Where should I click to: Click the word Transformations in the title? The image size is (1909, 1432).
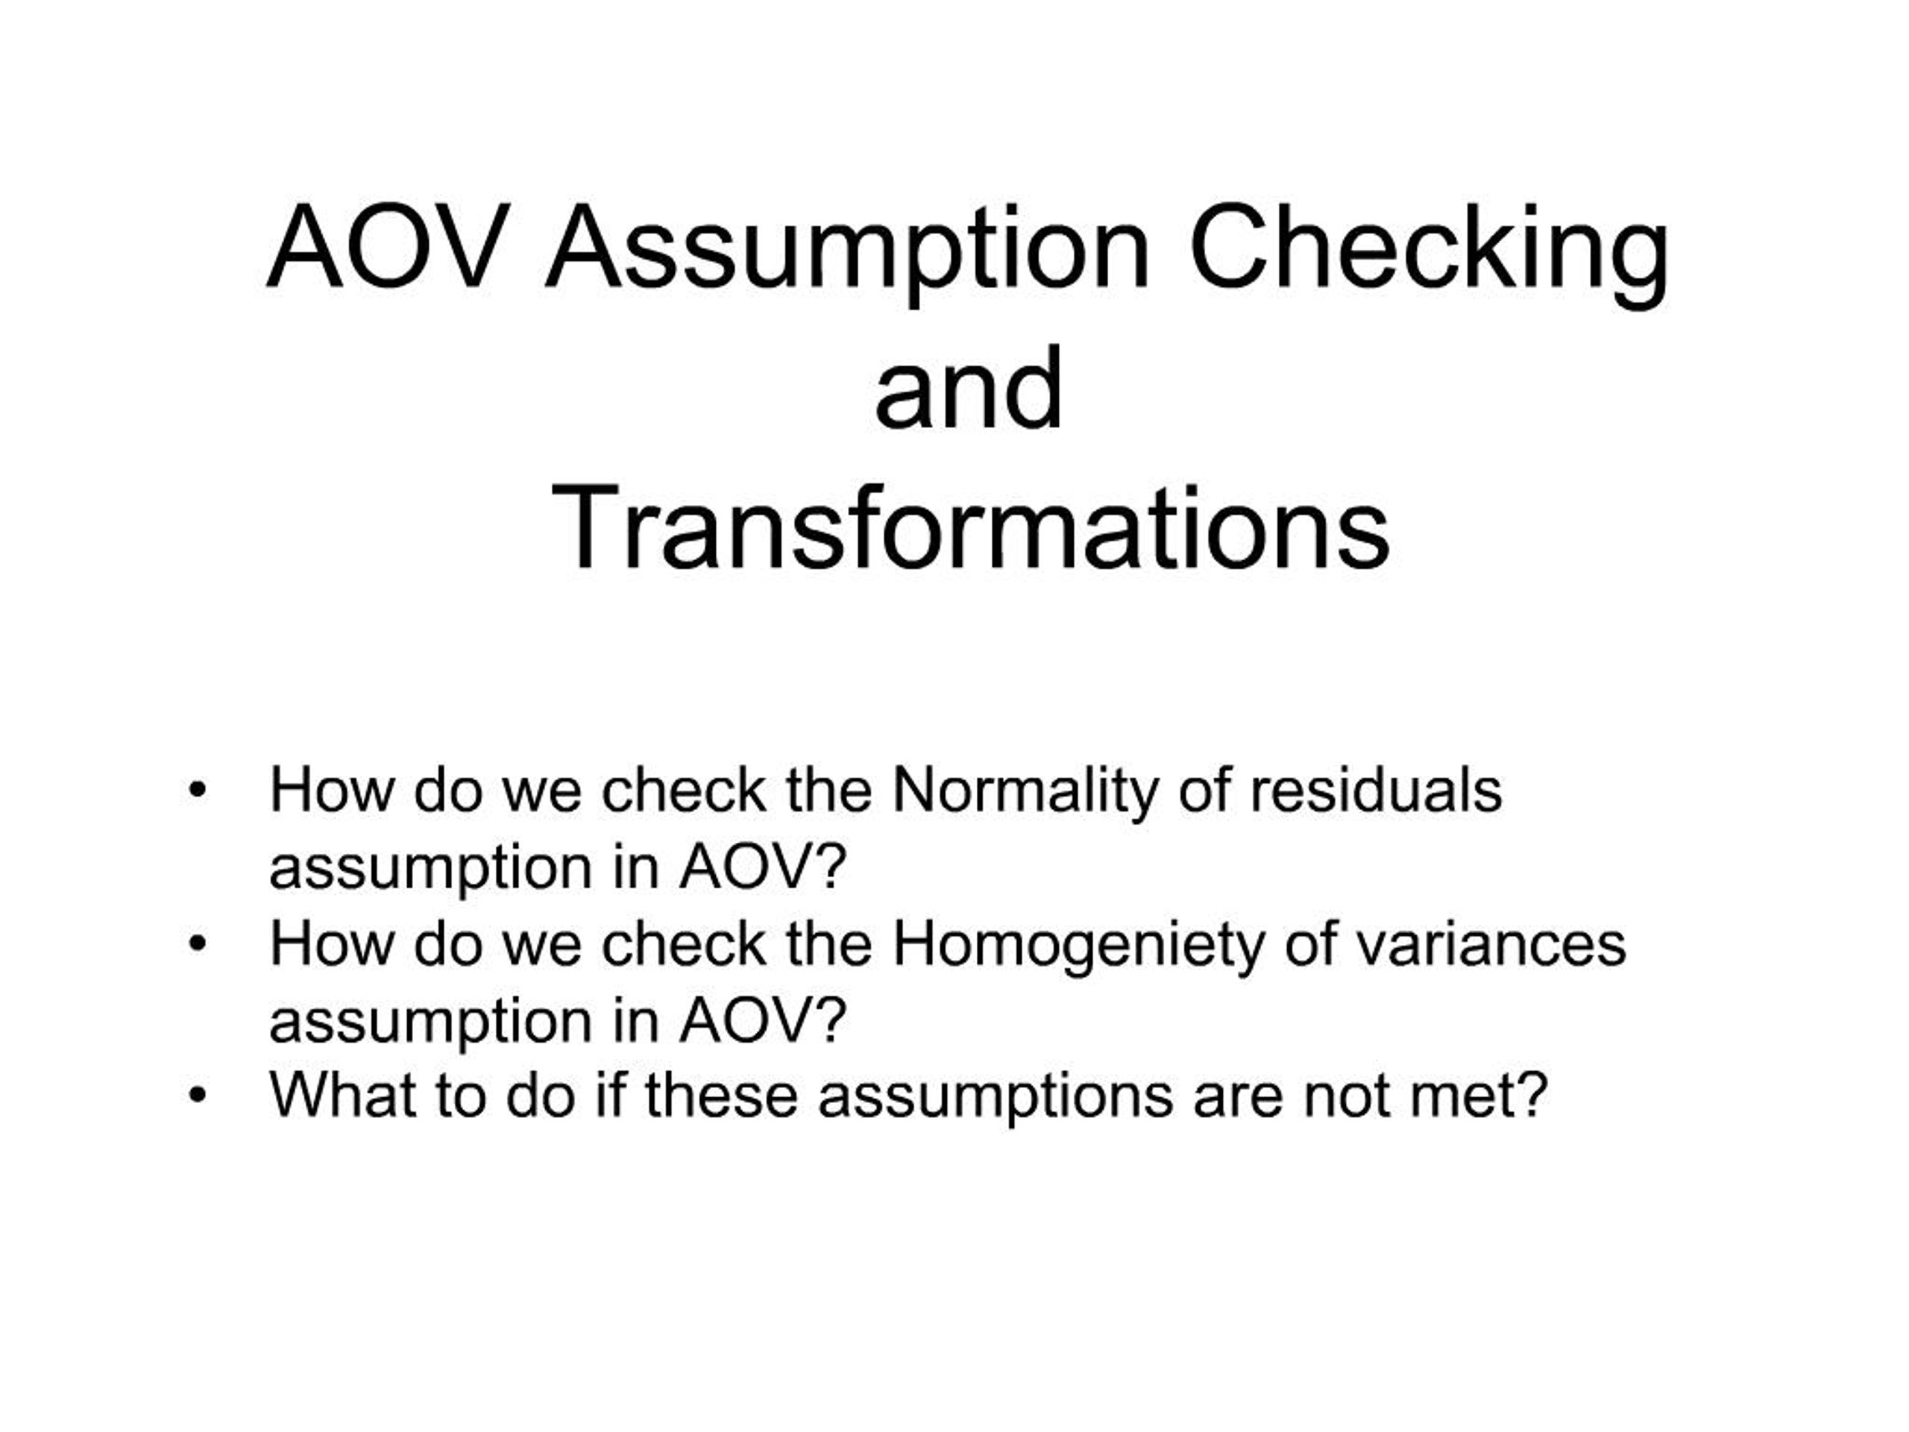pos(970,527)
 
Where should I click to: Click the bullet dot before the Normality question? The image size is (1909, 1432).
pos(198,791)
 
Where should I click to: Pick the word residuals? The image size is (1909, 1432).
pos(1377,791)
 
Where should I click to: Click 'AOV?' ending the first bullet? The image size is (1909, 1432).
pos(762,867)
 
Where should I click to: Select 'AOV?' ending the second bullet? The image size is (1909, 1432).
pos(762,1020)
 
